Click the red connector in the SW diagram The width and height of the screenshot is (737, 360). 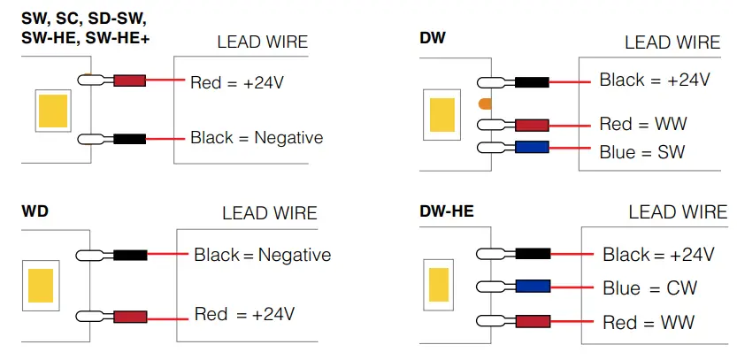[x=129, y=81]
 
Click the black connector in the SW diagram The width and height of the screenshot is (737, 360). [x=129, y=139]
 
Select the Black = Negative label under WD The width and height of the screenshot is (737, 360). [x=262, y=255]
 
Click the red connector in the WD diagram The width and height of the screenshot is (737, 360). [x=129, y=315]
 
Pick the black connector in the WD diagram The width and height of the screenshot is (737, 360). [x=129, y=255]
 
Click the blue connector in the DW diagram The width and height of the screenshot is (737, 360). [x=531, y=148]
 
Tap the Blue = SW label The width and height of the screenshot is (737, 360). [x=641, y=152]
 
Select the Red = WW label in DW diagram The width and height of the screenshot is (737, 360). [x=642, y=124]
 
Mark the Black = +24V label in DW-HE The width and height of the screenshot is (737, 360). [x=658, y=255]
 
